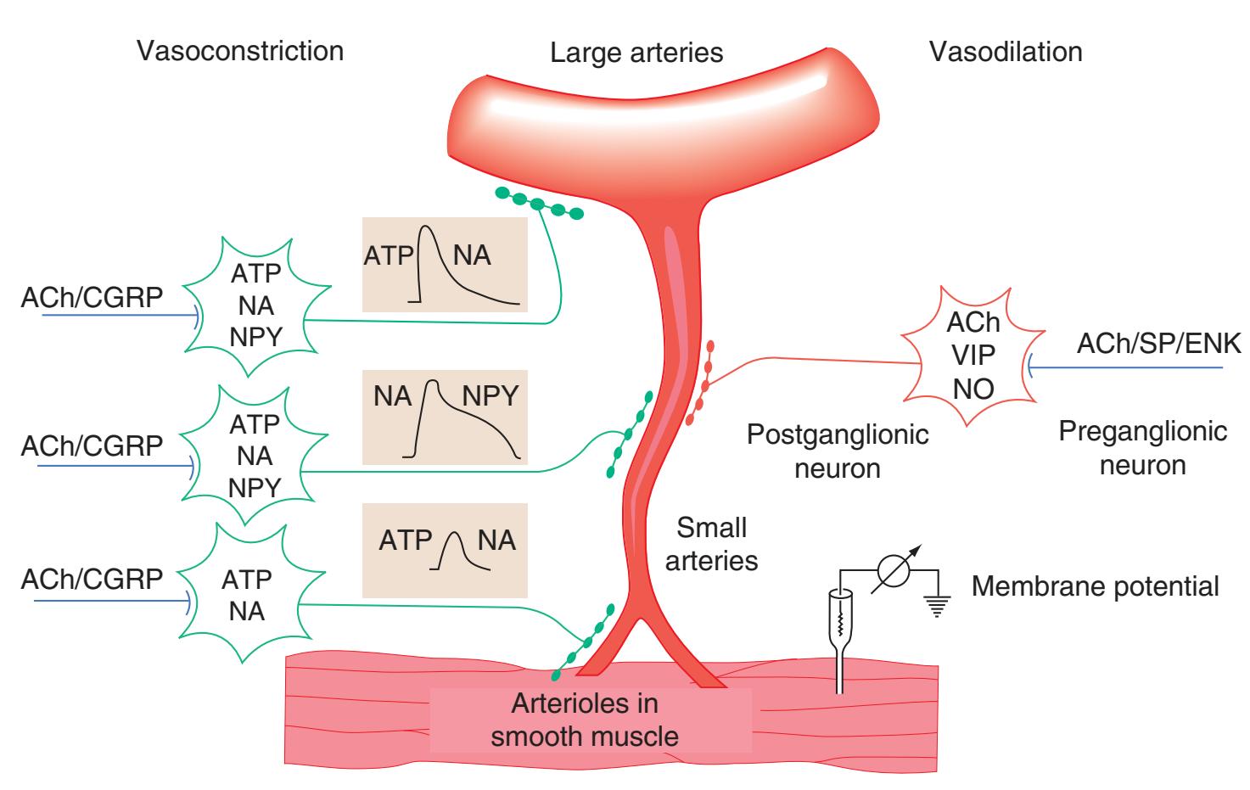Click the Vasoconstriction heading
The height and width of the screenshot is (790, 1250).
240,51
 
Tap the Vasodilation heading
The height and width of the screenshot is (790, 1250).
1006,51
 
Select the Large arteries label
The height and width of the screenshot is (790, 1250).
636,53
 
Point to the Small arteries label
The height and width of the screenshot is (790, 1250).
711,544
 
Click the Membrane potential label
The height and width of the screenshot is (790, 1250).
1095,586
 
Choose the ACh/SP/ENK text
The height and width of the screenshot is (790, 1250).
1158,344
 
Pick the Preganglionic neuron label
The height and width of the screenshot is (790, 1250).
1142,448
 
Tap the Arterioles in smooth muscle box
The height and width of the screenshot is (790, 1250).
586,720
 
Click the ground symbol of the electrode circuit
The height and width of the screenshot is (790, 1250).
937,605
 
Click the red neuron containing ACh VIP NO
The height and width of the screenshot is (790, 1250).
974,356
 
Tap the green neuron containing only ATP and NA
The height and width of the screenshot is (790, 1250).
246,595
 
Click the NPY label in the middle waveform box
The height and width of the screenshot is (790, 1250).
490,395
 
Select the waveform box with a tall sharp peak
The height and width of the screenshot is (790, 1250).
445,265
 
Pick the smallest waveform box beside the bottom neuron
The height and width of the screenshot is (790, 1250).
445,550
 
